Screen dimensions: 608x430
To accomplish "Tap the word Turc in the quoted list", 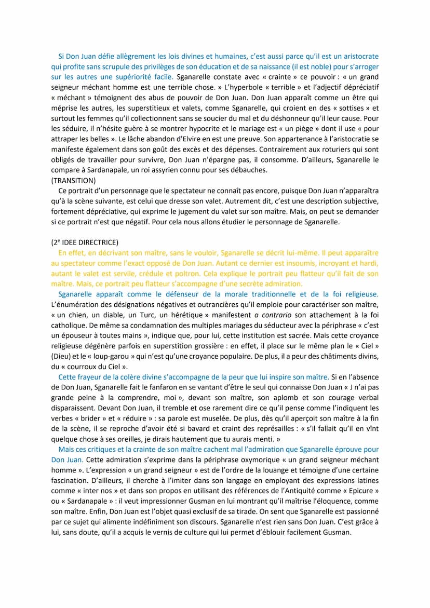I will (134, 314).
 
